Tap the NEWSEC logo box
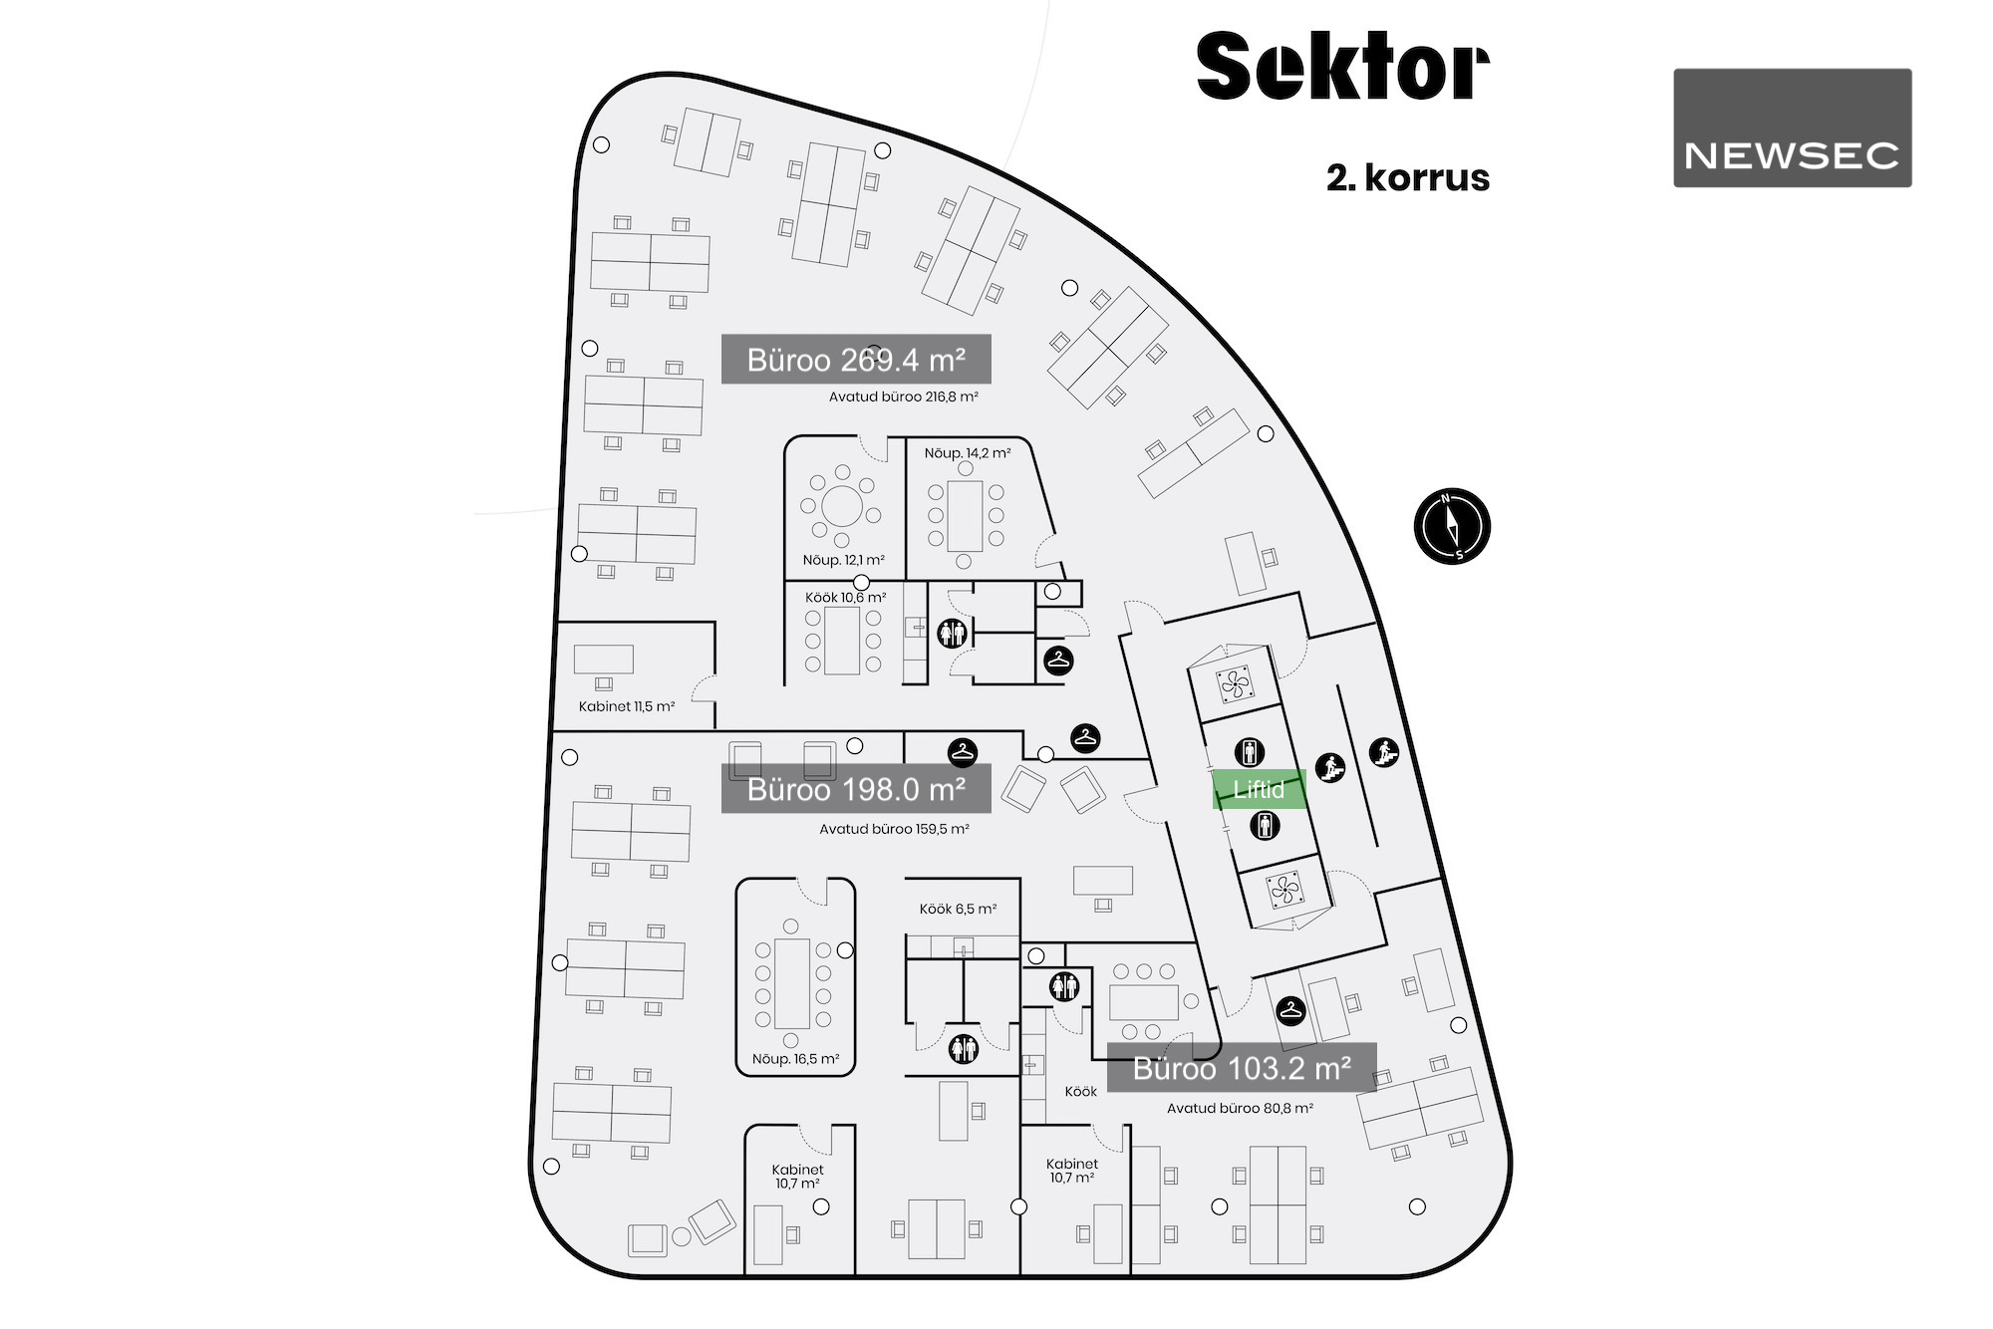tap(1792, 128)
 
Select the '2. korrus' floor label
tap(1407, 177)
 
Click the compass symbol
tap(1452, 526)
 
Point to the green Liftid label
tap(1259, 789)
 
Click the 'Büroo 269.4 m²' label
tap(856, 359)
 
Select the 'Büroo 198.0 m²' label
tap(856, 789)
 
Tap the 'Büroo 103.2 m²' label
tap(1242, 1068)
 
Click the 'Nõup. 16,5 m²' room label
tap(795, 1059)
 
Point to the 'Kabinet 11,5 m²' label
tap(626, 706)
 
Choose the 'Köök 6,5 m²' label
tap(958, 909)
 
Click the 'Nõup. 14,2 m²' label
tap(967, 453)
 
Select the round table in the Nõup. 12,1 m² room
tap(842, 506)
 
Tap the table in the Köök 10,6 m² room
tap(842, 640)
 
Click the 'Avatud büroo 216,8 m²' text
tap(903, 397)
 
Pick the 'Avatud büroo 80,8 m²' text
tap(1240, 1108)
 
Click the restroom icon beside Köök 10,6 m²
tap(952, 632)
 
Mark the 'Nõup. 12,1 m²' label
tap(843, 560)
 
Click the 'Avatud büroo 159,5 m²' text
tap(894, 829)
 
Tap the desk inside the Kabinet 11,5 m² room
tap(603, 659)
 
